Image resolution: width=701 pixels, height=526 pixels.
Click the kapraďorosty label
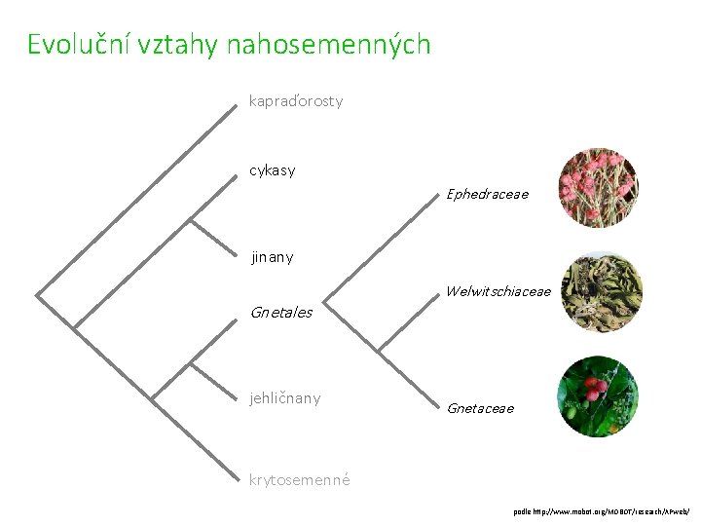(296, 100)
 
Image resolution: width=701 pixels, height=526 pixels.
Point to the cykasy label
(273, 170)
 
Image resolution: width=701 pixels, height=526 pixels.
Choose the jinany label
(273, 258)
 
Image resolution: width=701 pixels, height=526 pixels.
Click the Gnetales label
(281, 313)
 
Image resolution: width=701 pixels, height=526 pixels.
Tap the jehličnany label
(285, 398)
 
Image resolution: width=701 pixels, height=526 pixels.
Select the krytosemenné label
(300, 479)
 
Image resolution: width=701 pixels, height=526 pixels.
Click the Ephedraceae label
(487, 194)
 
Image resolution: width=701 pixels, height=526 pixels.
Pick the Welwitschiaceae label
(498, 291)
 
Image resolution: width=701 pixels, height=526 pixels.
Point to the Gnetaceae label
(480, 408)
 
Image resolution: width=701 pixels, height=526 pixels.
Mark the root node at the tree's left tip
(37, 292)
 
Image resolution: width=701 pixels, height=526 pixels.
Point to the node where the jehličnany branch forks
(190, 365)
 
